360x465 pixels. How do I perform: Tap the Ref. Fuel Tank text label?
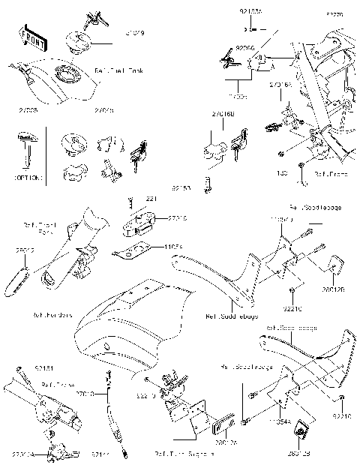click(x=114, y=70)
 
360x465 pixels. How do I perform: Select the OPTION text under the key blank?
click(x=28, y=178)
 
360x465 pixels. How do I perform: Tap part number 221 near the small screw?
click(x=150, y=198)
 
